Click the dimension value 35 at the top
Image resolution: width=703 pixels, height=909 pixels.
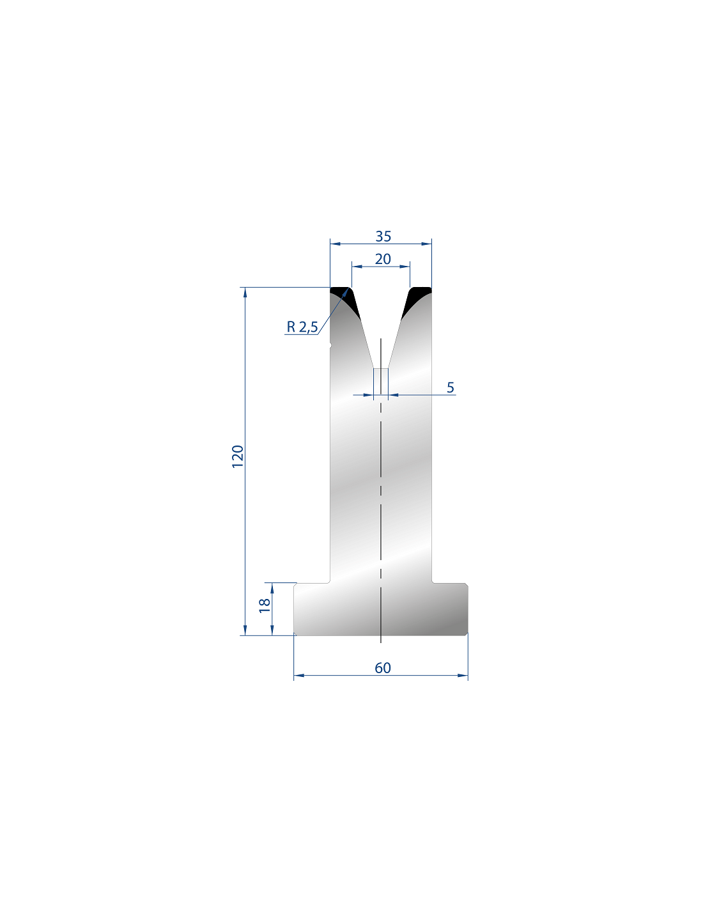pyautogui.click(x=383, y=237)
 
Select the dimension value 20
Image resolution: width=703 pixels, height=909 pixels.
pyautogui.click(x=383, y=260)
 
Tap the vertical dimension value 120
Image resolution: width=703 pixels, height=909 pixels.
pyautogui.click(x=238, y=457)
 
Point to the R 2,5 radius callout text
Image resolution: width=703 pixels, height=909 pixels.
pyautogui.click(x=302, y=327)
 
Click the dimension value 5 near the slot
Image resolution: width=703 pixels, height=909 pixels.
pyautogui.click(x=451, y=387)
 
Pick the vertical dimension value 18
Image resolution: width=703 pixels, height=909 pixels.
pyautogui.click(x=265, y=605)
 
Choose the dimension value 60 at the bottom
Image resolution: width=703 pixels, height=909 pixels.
pyautogui.click(x=383, y=668)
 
